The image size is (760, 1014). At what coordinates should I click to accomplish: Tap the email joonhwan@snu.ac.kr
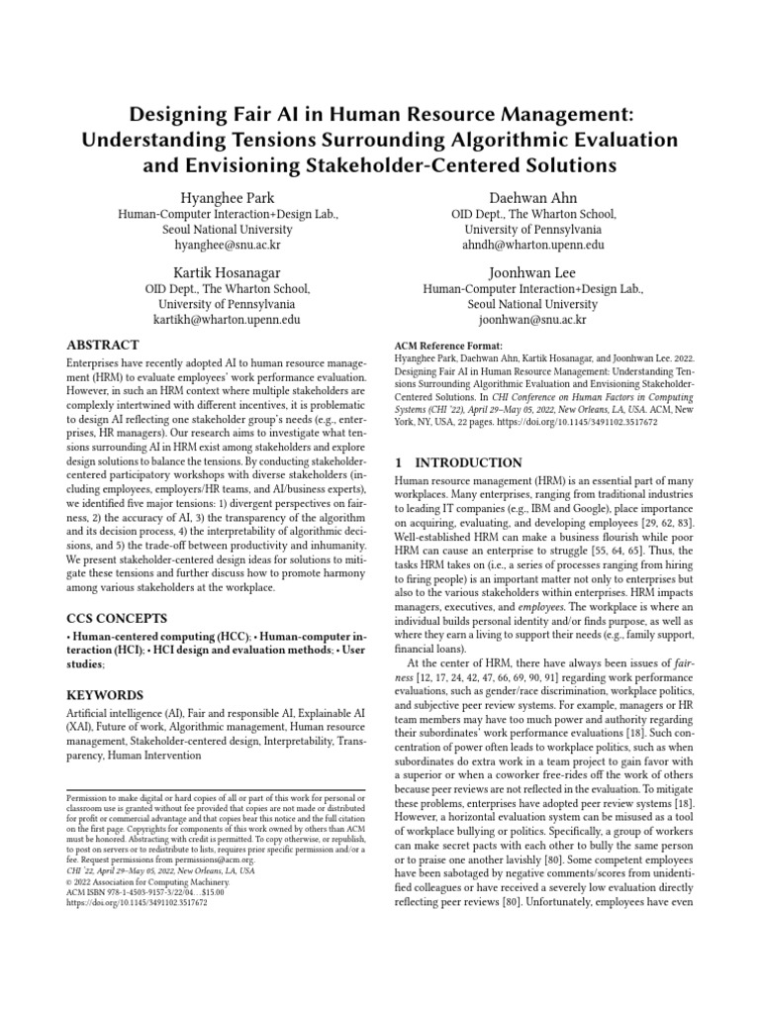tap(533, 321)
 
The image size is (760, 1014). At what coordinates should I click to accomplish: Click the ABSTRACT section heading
tap(102, 346)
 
